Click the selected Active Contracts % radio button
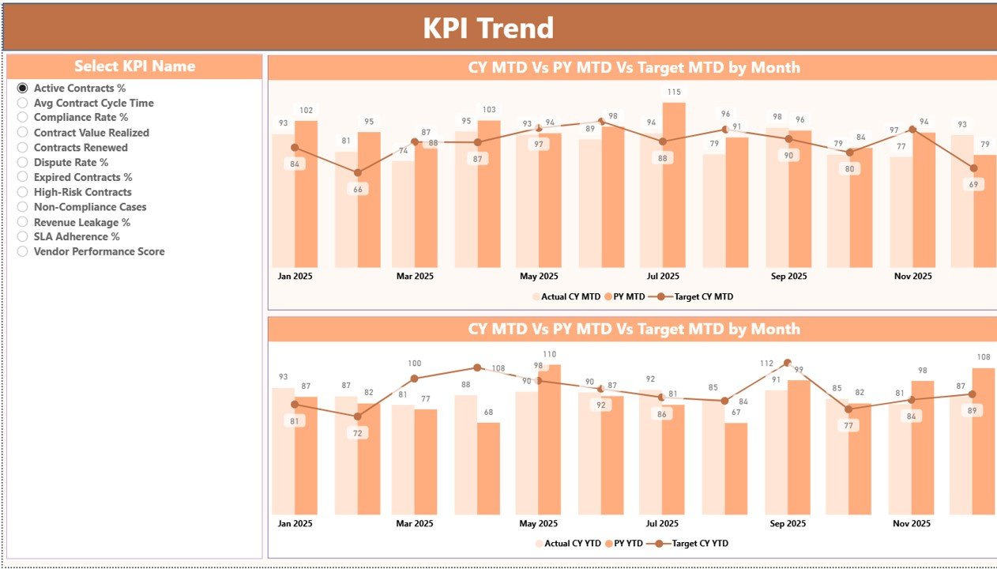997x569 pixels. pos(23,89)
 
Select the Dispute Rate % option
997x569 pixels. pos(23,163)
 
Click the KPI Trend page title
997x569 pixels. pos(488,28)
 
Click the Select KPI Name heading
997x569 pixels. pos(134,66)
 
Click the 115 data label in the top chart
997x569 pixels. pos(673,92)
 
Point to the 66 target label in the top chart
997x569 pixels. pos(358,190)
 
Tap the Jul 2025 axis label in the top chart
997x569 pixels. pos(663,277)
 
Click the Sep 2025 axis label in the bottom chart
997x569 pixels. pos(788,523)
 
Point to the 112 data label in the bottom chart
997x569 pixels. pos(766,364)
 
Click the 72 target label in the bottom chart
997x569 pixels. pos(358,433)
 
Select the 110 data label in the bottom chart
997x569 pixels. pos(549,355)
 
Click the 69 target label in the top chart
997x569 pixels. pos(973,184)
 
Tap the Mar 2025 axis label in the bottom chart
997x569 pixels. pos(414,523)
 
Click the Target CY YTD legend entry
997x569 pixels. pos(696,544)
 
